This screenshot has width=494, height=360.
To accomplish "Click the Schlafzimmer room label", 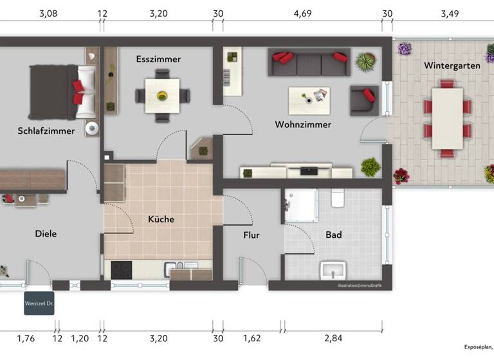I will point(46,130).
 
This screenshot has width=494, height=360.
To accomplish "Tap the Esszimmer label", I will point(158,59).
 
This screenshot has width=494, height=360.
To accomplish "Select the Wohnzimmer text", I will point(302,125).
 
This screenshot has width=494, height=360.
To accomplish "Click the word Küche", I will point(161,219).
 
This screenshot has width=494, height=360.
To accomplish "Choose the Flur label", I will point(251,235).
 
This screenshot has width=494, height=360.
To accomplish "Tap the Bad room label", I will point(333,235).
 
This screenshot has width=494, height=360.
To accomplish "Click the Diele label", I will point(46,234).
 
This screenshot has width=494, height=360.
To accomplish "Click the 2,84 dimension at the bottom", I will point(333,338).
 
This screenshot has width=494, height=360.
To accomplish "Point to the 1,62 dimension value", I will point(252,338).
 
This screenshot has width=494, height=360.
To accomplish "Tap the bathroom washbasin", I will point(333,269).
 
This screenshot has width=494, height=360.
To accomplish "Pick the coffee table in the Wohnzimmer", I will point(309,97).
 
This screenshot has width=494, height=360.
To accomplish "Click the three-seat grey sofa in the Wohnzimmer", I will point(309,62).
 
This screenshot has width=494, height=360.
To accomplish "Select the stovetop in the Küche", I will point(122,269).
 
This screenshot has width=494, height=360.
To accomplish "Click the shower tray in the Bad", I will point(301,205).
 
